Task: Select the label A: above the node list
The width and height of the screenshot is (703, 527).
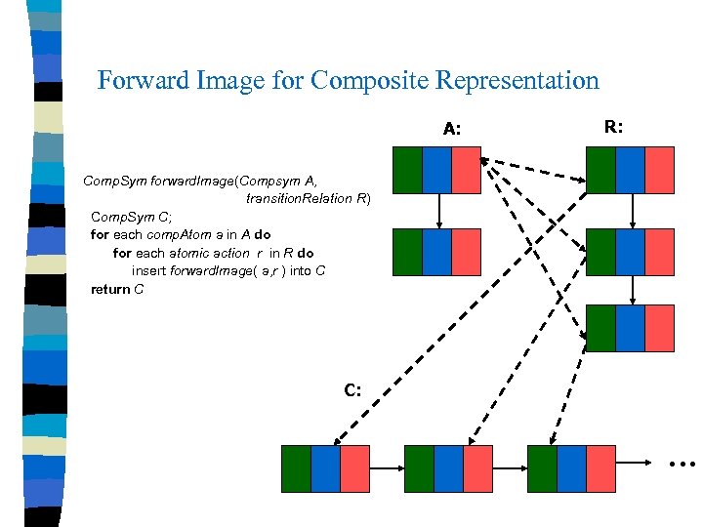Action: pos(452,128)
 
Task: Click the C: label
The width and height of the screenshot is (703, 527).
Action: pos(352,390)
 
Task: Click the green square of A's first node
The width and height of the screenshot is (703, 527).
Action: pos(407,170)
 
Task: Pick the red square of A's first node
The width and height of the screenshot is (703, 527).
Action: pos(467,170)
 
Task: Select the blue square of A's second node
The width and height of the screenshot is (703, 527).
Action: pos(436,251)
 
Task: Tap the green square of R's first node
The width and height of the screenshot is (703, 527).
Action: pos(600,170)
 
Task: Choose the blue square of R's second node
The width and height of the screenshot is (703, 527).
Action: pos(631,251)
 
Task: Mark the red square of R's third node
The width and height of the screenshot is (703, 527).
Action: pos(660,328)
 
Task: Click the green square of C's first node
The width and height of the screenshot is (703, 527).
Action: pos(296,467)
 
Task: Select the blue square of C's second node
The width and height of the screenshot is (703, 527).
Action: pos(448,467)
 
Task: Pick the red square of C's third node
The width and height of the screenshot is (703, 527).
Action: pos(601,467)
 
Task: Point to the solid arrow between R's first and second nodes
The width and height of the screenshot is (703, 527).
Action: pos(634,210)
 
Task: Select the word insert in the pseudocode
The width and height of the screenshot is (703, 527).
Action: pos(149,270)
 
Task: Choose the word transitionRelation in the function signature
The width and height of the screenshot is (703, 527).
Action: pos(300,198)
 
